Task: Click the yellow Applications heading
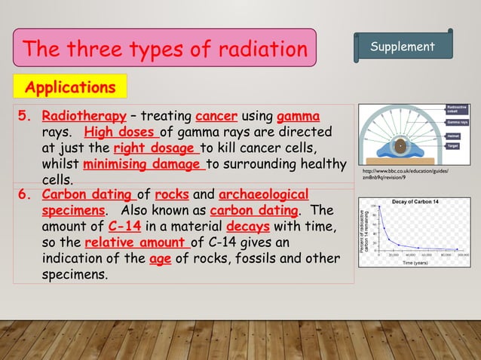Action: click(70, 87)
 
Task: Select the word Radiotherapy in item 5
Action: click(84, 117)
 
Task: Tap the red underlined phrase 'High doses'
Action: click(121, 133)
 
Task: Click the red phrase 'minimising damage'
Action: click(143, 164)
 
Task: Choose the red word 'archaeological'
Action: click(263, 194)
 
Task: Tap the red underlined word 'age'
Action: click(161, 258)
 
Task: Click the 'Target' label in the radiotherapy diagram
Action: click(454, 145)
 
